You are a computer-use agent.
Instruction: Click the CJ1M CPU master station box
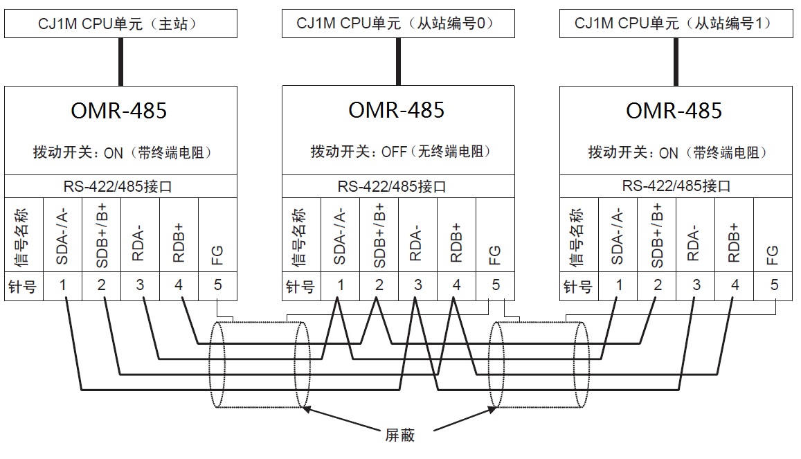[120, 24]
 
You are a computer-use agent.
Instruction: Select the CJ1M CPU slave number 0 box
[398, 24]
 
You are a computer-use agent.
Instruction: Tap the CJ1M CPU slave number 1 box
[676, 24]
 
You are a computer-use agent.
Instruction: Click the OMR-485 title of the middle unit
[397, 111]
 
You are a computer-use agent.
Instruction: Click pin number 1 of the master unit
[63, 285]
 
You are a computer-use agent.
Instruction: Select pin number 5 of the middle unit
[495, 285]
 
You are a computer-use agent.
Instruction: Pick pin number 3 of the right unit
[696, 285]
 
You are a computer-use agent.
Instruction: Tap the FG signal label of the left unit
[217, 256]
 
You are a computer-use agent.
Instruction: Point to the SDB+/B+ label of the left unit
[102, 235]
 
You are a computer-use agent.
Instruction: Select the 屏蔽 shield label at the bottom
[399, 436]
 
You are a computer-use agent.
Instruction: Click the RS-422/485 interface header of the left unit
[120, 186]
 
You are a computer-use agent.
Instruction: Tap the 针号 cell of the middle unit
[301, 285]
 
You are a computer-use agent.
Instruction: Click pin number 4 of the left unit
[179, 285]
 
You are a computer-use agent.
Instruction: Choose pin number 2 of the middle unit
[379, 285]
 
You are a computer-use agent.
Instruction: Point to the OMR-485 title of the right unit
[674, 111]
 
